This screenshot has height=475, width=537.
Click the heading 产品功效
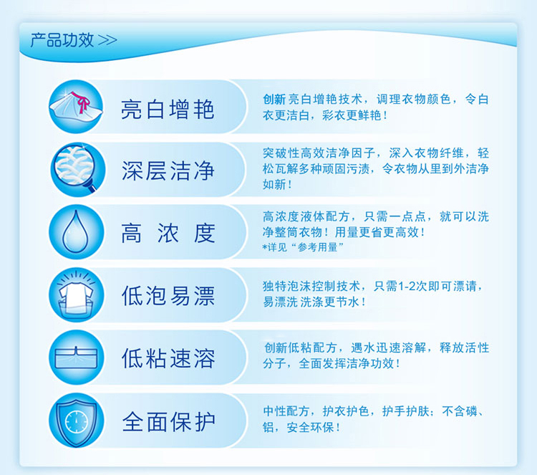[x=62, y=40]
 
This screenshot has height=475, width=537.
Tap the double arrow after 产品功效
[x=107, y=40]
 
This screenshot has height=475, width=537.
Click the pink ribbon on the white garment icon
[x=82, y=102]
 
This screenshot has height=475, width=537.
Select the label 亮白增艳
[x=168, y=110]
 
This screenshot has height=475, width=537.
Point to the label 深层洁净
[x=168, y=171]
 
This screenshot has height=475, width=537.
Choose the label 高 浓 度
[x=168, y=234]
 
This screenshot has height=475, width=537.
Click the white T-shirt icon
[x=76, y=295]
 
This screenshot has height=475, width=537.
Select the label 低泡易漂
[x=168, y=296]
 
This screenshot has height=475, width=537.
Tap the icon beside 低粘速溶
[x=77, y=358]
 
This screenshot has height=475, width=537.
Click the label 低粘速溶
[x=168, y=358]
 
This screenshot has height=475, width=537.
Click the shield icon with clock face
[x=77, y=420]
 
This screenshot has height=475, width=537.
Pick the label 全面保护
[x=168, y=421]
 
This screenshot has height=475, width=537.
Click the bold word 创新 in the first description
[x=274, y=100]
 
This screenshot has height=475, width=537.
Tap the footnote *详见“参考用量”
[x=303, y=247]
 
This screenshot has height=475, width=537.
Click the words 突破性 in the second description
[x=281, y=153]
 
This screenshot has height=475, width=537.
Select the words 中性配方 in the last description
[x=286, y=411]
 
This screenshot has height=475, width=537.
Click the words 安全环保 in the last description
[x=310, y=428]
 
